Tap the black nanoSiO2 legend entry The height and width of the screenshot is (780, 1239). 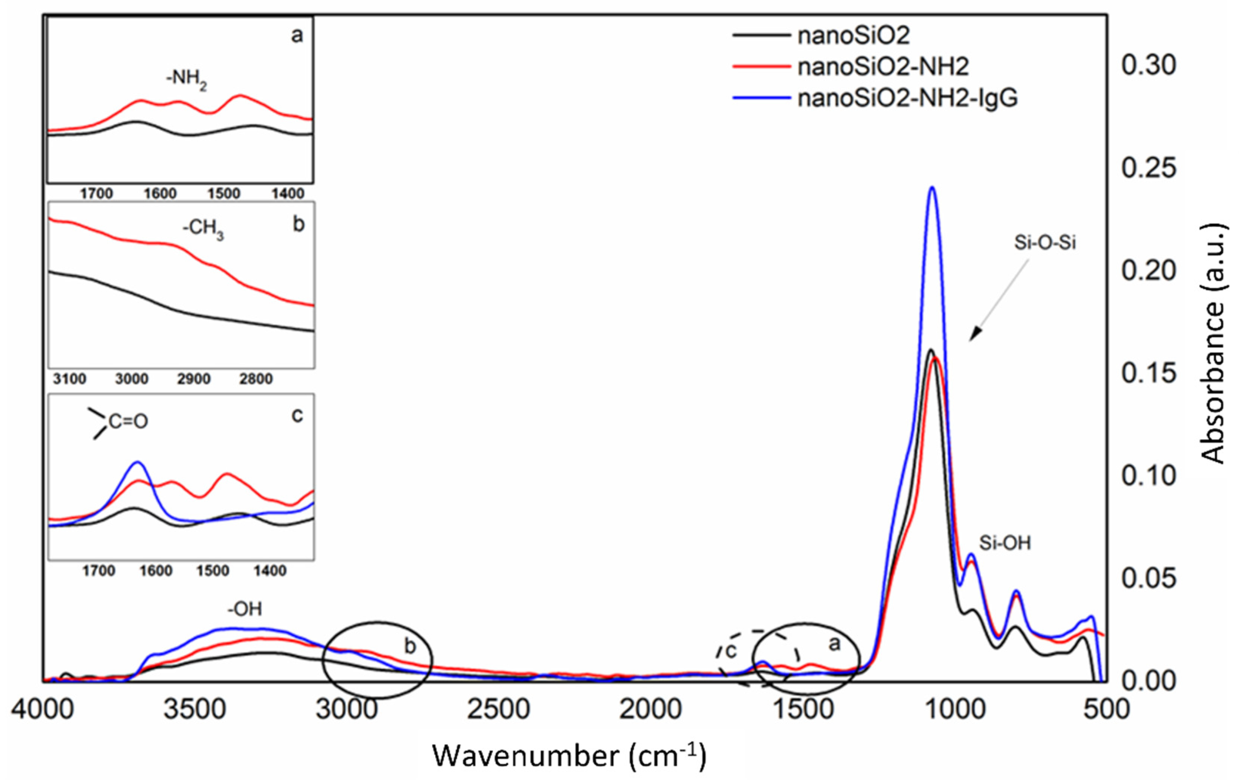point(854,35)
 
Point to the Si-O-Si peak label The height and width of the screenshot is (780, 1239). point(1045,242)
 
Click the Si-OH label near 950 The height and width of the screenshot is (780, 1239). point(1005,543)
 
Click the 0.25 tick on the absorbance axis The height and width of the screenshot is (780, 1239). point(1149,168)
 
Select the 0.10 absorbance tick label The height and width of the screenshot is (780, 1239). point(1149,476)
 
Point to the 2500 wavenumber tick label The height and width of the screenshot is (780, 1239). point(498,709)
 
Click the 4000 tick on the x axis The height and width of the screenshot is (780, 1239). point(43,709)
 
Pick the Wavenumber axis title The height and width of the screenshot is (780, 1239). point(569,756)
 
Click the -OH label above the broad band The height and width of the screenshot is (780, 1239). point(245,609)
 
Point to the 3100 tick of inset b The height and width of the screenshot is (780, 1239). point(69,379)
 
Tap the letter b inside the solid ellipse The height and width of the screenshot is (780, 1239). point(409,646)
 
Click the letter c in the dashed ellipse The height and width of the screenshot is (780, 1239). point(731,651)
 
